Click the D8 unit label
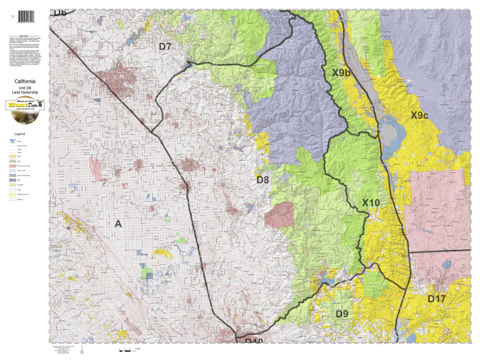click(263, 180)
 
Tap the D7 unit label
click(165, 46)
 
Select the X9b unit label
click(341, 73)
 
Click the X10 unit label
click(370, 203)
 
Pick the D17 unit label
click(436, 299)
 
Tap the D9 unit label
click(342, 314)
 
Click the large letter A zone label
click(118, 224)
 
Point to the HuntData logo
click(25, 110)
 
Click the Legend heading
click(19, 134)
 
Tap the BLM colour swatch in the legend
click(13, 156)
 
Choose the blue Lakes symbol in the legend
click(13, 141)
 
